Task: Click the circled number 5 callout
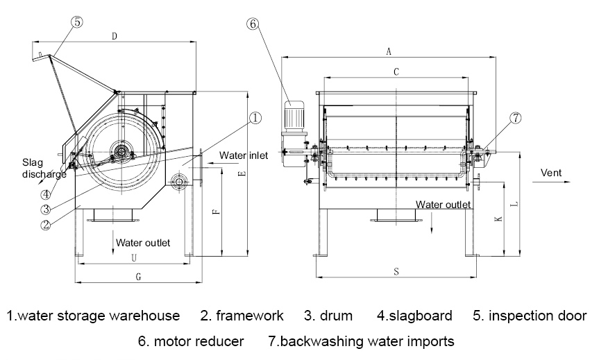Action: (76, 22)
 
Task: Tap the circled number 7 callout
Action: (515, 118)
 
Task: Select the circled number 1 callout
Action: (255, 118)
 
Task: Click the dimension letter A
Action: (389, 51)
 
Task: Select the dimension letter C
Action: (396, 71)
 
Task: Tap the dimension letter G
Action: (138, 276)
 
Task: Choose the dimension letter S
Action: (396, 272)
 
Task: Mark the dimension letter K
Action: (497, 219)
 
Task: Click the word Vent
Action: (551, 173)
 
